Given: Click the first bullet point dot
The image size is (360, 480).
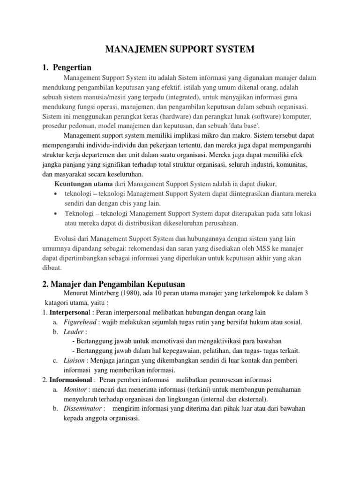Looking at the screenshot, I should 57,194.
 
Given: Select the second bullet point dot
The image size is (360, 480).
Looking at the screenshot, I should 57,214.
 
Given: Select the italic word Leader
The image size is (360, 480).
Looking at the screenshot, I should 73,331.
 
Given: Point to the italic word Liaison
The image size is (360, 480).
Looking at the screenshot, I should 75,360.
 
